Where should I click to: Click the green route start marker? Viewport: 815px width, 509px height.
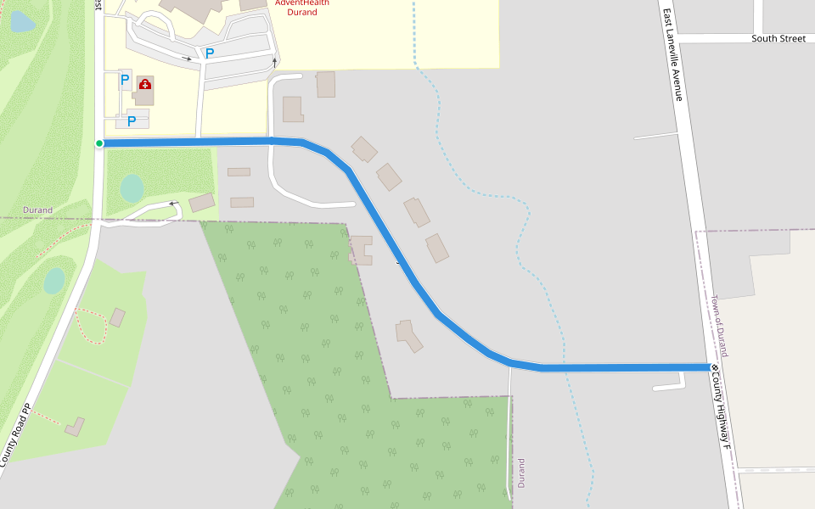pyautogui.click(x=99, y=143)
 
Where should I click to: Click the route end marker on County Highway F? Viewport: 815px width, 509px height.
pyautogui.click(x=715, y=367)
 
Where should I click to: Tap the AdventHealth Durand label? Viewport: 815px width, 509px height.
pyautogui.click(x=302, y=8)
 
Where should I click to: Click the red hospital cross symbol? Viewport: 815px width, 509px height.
pyautogui.click(x=145, y=85)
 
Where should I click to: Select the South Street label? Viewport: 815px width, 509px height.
pyautogui.click(x=778, y=39)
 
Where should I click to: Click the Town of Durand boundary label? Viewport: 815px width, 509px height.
pyautogui.click(x=719, y=327)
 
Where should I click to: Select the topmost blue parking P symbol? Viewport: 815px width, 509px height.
pyautogui.click(x=209, y=53)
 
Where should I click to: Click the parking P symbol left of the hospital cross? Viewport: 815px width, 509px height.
pyautogui.click(x=125, y=81)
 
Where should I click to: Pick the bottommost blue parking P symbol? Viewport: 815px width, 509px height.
pyautogui.click(x=132, y=121)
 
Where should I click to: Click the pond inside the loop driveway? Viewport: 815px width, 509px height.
pyautogui.click(x=132, y=187)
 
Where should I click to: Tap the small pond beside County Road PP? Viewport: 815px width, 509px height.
pyautogui.click(x=54, y=280)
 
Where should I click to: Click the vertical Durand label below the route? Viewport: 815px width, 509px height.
pyautogui.click(x=521, y=473)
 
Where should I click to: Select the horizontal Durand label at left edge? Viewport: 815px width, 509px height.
pyautogui.click(x=37, y=210)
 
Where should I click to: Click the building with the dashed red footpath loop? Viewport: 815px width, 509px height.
pyautogui.click(x=117, y=318)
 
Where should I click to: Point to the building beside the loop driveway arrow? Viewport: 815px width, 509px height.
pyautogui.click(x=202, y=202)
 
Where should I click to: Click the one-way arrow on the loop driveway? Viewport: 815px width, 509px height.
pyautogui.click(x=174, y=204)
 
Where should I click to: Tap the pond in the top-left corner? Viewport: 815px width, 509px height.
pyautogui.click(x=21, y=22)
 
